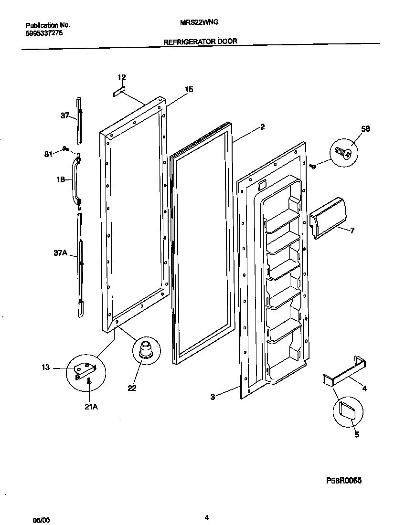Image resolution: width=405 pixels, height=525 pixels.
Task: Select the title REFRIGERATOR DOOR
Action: pos(200,42)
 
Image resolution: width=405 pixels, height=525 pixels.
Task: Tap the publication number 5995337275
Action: pos(43,33)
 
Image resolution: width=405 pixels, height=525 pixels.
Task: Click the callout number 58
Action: pos(365,129)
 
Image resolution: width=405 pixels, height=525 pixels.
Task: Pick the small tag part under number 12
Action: pos(118,91)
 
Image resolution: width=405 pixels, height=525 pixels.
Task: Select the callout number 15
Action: pos(189,89)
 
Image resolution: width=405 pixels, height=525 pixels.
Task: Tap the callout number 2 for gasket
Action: pos(262,127)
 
